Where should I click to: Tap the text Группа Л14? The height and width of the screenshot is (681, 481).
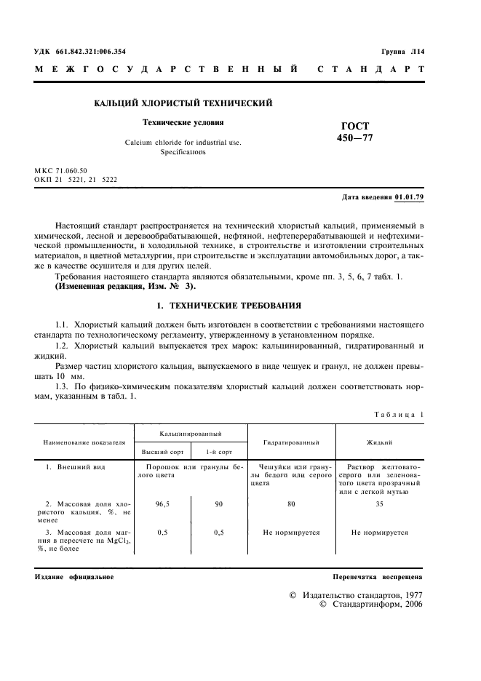click(x=402, y=52)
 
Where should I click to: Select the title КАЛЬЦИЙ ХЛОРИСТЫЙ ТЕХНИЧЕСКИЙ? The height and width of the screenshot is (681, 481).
click(x=183, y=103)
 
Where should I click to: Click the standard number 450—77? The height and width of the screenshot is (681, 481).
click(x=354, y=138)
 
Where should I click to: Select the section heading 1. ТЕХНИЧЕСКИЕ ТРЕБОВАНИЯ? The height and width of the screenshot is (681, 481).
click(x=228, y=285)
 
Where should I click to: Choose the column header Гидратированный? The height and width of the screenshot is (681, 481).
click(x=291, y=442)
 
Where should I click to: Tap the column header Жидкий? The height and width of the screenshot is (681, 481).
click(x=380, y=442)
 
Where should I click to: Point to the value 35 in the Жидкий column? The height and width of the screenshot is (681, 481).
click(x=379, y=503)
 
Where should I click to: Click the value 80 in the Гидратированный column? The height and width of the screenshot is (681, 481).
click(x=291, y=503)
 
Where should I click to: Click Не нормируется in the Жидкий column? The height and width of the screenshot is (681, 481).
click(x=379, y=532)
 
